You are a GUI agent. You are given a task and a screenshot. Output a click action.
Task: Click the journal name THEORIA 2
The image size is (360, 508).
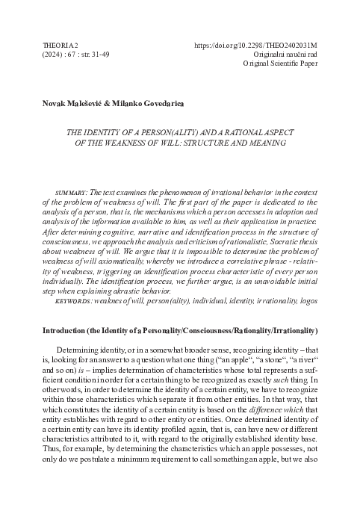(x=64, y=45)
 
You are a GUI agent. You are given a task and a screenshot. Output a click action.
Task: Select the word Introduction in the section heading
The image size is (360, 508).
(x=68, y=350)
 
